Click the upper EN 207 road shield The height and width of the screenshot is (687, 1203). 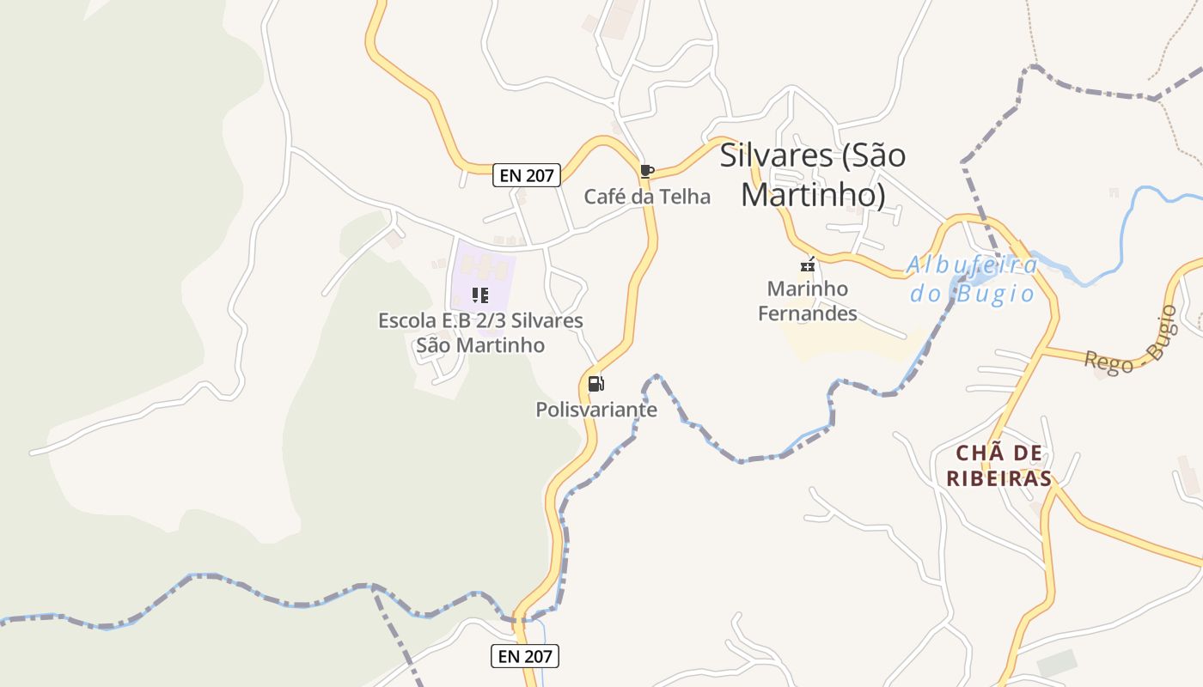[528, 175]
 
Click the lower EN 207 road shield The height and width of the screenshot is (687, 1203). [525, 656]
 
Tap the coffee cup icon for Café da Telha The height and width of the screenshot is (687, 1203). [647, 171]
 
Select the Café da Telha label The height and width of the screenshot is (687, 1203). [647, 197]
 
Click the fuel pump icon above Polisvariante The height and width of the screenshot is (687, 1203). [596, 384]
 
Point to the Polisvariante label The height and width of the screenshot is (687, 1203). [596, 410]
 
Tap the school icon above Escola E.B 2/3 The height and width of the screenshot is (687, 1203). [480, 296]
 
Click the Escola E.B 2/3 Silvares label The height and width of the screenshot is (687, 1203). [480, 321]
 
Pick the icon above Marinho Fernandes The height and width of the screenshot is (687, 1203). [807, 264]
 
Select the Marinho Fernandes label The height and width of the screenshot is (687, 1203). [808, 301]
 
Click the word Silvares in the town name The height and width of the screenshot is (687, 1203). [776, 155]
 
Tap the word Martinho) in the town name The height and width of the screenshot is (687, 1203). [813, 195]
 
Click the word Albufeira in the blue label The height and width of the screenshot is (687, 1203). [973, 265]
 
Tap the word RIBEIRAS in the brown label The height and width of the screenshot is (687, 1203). [999, 478]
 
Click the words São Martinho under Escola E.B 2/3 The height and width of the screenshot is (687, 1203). [480, 345]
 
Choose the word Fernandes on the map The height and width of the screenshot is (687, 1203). [808, 313]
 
